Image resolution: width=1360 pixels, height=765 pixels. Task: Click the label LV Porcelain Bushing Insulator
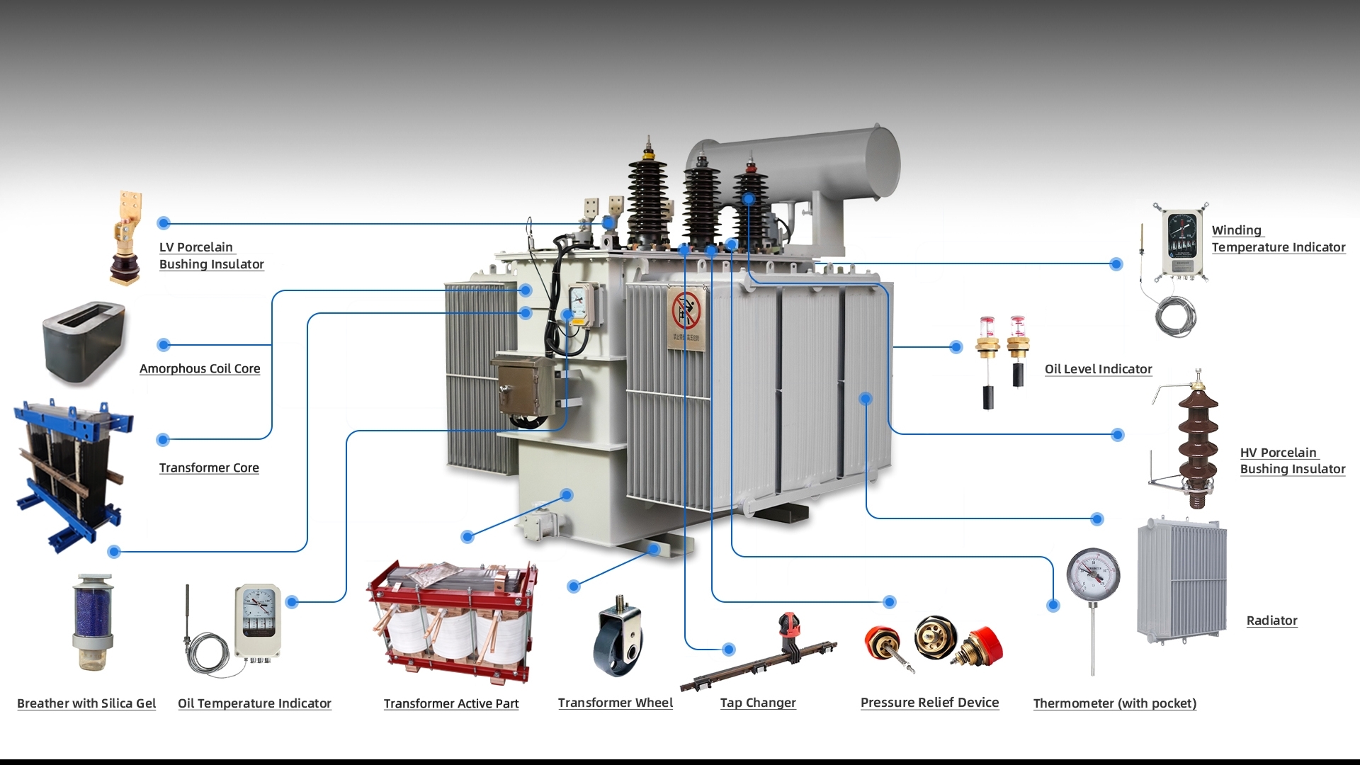point(210,256)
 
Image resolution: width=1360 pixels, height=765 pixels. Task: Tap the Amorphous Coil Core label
point(199,368)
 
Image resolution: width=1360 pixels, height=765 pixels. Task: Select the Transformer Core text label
point(208,467)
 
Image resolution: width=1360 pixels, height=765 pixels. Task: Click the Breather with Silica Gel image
point(93,623)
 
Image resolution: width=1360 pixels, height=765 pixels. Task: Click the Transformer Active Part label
point(450,703)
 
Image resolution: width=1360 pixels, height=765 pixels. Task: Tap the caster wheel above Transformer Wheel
point(618,637)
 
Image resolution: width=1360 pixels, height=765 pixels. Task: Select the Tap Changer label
point(757,703)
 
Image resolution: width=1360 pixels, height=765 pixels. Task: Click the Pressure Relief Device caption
point(929,702)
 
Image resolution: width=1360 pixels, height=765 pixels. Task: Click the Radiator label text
point(1271,620)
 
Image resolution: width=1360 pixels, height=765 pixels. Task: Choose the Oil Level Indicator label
point(1098,369)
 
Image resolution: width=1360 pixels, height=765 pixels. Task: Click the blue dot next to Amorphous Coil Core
point(164,345)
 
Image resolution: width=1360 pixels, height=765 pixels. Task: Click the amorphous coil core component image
point(84,343)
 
